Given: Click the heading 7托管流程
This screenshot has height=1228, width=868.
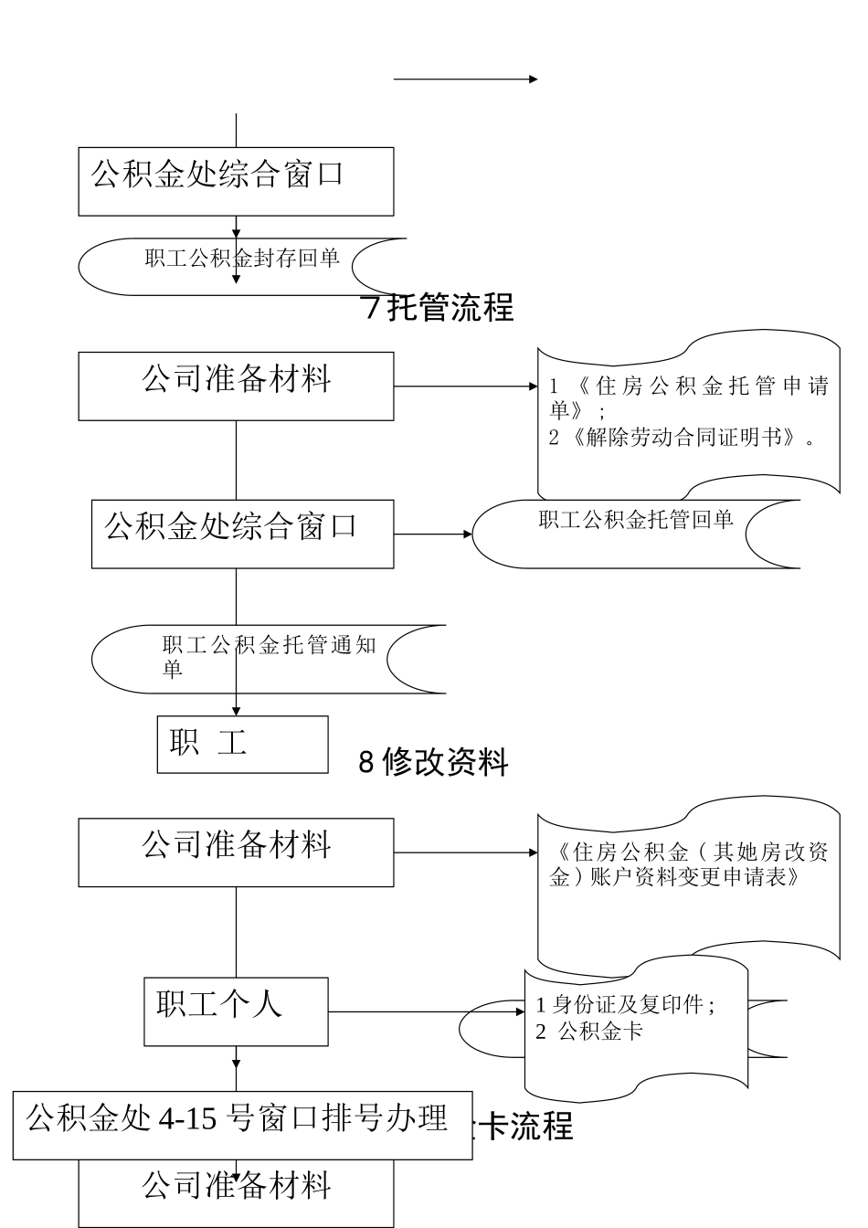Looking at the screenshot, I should pyautogui.click(x=439, y=308).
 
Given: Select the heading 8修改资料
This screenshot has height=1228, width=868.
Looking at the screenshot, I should pyautogui.click(x=433, y=761).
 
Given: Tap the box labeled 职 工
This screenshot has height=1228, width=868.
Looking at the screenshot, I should pyautogui.click(x=242, y=744).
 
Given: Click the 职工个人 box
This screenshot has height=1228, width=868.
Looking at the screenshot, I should pyautogui.click(x=236, y=1011).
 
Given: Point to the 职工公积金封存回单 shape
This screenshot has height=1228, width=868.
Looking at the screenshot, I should pyautogui.click(x=242, y=267).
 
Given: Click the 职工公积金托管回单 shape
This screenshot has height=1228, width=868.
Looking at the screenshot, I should pyautogui.click(x=635, y=533).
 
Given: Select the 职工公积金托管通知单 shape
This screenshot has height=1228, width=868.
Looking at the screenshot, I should pyautogui.click(x=269, y=658).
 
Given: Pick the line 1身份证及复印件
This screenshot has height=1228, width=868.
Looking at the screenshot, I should pyautogui.click(x=625, y=1005).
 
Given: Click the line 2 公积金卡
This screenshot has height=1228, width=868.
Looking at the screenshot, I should pyautogui.click(x=589, y=1032).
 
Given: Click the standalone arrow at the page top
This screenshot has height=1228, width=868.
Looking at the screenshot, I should pyautogui.click(x=465, y=79).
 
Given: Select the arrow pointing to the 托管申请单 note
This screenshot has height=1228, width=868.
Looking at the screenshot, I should pyautogui.click(x=466, y=386).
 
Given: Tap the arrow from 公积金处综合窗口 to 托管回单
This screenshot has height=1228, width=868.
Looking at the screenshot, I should pyautogui.click(x=432, y=534).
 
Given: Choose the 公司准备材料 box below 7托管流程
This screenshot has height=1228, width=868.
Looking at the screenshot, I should pyautogui.click(x=236, y=386).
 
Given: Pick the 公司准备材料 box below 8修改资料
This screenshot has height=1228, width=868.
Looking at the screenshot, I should pyautogui.click(x=236, y=852).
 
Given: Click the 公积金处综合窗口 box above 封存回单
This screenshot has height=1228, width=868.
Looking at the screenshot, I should pyautogui.click(x=236, y=181).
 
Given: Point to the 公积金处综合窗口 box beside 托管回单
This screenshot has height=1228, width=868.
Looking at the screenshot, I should pyautogui.click(x=242, y=534).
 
